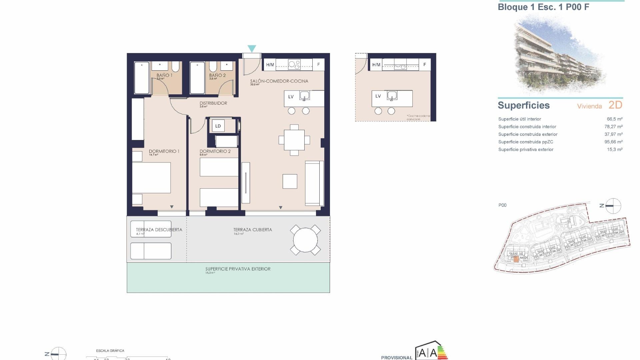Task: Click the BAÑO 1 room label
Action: click(x=164, y=75)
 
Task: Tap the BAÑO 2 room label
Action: click(x=217, y=75)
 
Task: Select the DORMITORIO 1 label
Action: click(x=164, y=151)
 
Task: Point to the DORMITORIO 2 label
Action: click(x=215, y=151)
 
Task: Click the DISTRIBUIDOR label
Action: click(x=213, y=103)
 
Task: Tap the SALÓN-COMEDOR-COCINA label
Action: click(x=279, y=81)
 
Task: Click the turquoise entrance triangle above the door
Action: click(x=252, y=49)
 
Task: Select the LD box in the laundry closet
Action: click(x=218, y=126)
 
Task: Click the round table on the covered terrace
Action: click(x=305, y=240)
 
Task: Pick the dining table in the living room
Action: click(x=294, y=140)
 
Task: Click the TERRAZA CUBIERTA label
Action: click(x=252, y=230)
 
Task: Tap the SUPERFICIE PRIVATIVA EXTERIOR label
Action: click(x=238, y=269)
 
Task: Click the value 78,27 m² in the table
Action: click(x=613, y=127)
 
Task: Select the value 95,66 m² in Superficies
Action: click(x=613, y=142)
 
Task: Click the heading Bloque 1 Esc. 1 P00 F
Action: click(x=543, y=7)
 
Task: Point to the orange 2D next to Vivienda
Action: click(x=615, y=105)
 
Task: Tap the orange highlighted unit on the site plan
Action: click(x=516, y=259)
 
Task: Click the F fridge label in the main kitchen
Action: click(x=318, y=65)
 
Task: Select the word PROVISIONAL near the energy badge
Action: click(x=397, y=358)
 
